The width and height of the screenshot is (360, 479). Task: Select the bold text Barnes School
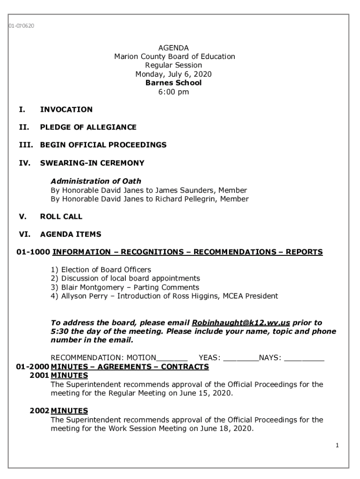[x=173, y=83]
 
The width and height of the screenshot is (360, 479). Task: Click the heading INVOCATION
[x=66, y=109]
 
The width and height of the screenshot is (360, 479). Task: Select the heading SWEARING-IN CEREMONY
[x=92, y=163]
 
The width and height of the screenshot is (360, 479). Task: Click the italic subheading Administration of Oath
[x=96, y=181]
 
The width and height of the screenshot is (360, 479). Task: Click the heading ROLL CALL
[x=61, y=217]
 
